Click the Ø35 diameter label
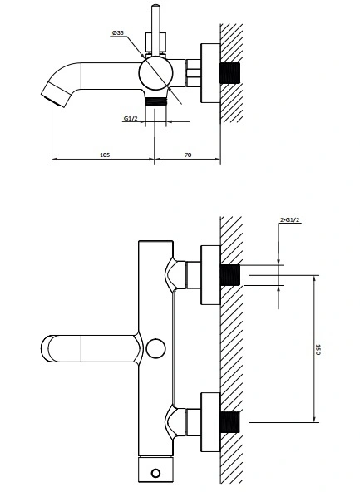click(118, 32)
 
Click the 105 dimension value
click(105, 155)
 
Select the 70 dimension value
click(188, 155)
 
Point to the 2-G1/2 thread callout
click(290, 219)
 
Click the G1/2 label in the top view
click(131, 119)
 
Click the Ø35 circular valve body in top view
click(155, 73)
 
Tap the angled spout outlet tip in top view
click(57, 95)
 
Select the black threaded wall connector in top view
click(230, 73)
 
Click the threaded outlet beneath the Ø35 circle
click(155, 101)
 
